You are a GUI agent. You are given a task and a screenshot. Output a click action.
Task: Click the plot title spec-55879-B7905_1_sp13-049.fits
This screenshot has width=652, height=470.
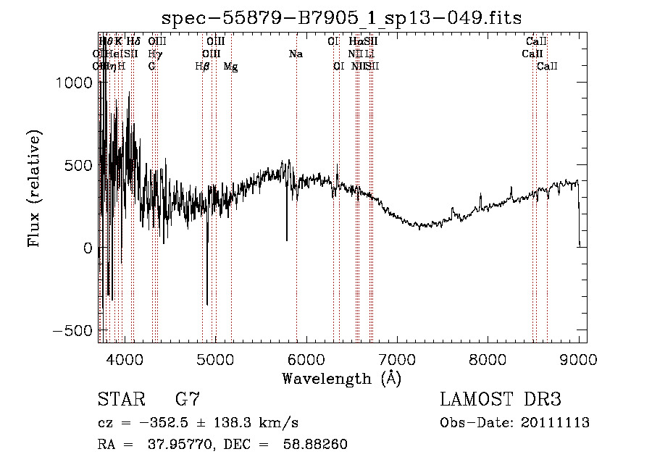341,17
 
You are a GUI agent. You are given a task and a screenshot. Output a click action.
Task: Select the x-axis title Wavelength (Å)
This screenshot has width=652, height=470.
341,378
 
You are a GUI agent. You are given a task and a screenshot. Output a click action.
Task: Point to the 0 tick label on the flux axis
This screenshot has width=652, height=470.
88,248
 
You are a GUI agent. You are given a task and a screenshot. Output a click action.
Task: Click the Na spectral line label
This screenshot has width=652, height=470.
296,54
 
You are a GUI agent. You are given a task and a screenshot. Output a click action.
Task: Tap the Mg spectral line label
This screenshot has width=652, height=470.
230,67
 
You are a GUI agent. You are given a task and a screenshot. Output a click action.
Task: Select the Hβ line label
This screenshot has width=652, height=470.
203,67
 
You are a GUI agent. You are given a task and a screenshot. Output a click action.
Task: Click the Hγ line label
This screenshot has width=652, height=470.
155,54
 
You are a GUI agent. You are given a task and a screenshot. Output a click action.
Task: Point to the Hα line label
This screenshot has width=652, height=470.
355,42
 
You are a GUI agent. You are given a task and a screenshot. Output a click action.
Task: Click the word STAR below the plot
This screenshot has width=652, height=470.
120,400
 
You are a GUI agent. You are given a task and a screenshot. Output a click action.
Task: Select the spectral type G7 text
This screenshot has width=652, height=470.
188,400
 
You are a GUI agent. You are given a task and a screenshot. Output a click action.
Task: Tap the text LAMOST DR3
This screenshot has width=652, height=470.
500,400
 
